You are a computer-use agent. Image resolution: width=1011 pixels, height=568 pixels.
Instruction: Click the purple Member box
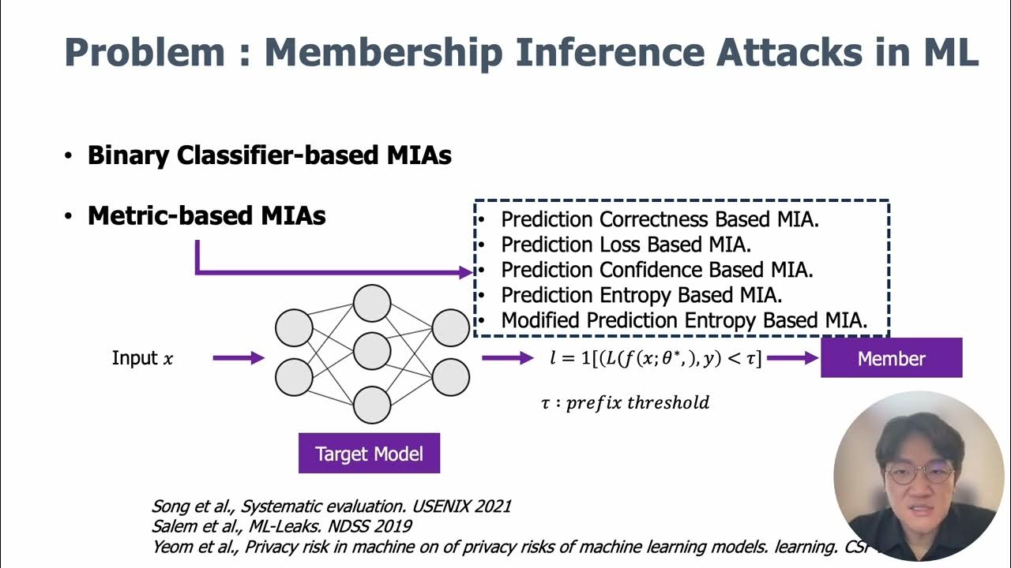[891, 358]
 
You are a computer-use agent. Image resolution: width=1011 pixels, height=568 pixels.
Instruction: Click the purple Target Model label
[369, 454]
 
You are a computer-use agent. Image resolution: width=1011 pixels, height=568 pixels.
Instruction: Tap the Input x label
[142, 358]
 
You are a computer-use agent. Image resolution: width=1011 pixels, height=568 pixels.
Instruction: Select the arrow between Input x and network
[239, 358]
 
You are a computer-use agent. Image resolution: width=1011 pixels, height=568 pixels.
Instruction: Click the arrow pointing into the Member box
[792, 358]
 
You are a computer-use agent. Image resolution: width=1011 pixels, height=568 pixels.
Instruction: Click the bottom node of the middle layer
[372, 405]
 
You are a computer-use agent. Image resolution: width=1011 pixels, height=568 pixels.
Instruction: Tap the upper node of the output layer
[451, 328]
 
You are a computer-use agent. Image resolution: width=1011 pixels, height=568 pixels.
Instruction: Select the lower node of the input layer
[294, 378]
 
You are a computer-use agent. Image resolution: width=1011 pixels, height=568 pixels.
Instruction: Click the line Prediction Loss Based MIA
[626, 245]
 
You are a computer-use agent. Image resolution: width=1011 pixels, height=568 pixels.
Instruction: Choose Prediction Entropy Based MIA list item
[641, 295]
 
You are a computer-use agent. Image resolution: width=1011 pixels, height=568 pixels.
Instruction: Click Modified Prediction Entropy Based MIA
[684, 320]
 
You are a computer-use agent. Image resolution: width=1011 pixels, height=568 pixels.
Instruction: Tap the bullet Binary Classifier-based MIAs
[269, 155]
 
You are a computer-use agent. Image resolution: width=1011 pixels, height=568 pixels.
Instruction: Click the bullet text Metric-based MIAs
[206, 215]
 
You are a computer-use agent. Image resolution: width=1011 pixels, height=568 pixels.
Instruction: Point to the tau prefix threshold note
[625, 402]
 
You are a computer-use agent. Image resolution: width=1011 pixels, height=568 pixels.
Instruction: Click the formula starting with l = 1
[656, 358]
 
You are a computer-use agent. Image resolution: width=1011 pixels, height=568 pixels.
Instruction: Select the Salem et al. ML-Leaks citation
[282, 525]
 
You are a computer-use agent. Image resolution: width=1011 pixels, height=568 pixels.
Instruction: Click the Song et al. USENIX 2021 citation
[331, 506]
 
